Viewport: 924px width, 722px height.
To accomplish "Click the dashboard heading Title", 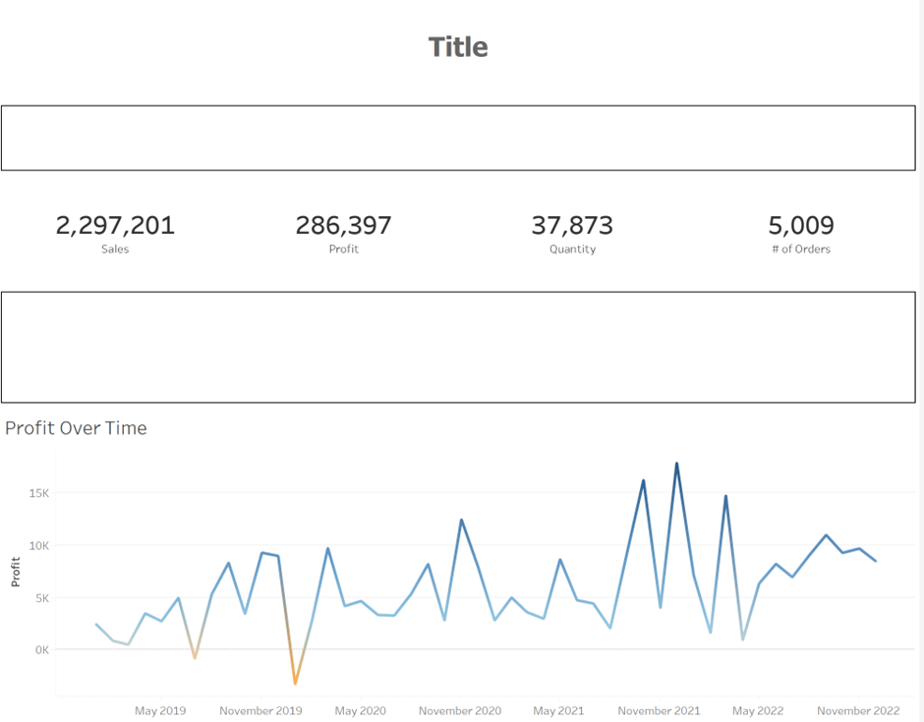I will pos(458,47).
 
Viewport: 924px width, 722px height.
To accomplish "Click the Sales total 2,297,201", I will pos(115,226).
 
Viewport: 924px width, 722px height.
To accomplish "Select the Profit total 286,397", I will pos(343,226).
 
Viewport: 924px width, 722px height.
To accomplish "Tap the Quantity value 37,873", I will pos(572,226).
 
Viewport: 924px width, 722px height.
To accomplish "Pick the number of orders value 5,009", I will pos(801,226).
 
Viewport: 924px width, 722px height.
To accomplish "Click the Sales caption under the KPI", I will pos(115,250).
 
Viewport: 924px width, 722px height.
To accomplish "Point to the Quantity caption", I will pos(572,250).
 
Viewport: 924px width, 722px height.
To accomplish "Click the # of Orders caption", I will pos(801,250).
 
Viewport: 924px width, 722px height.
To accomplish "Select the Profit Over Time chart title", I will pos(76,428).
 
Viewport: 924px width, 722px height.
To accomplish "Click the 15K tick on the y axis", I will pos(37,492).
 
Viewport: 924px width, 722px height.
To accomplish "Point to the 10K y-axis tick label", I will pos(37,545).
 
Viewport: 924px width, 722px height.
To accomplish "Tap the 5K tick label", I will pos(40,597).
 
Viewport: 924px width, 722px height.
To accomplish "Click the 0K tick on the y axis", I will pos(40,649).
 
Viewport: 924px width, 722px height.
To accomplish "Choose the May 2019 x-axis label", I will pos(160,710).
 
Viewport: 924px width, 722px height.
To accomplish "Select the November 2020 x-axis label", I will pos(460,710).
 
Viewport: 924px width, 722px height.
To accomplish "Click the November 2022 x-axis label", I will pos(858,710).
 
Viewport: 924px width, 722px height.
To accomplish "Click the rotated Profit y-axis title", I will pos(16,572).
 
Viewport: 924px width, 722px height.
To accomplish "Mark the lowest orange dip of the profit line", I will pos(295,683).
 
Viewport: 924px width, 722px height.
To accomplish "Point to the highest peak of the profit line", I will pos(676,464).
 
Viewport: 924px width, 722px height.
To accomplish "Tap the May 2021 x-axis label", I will pos(558,710).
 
